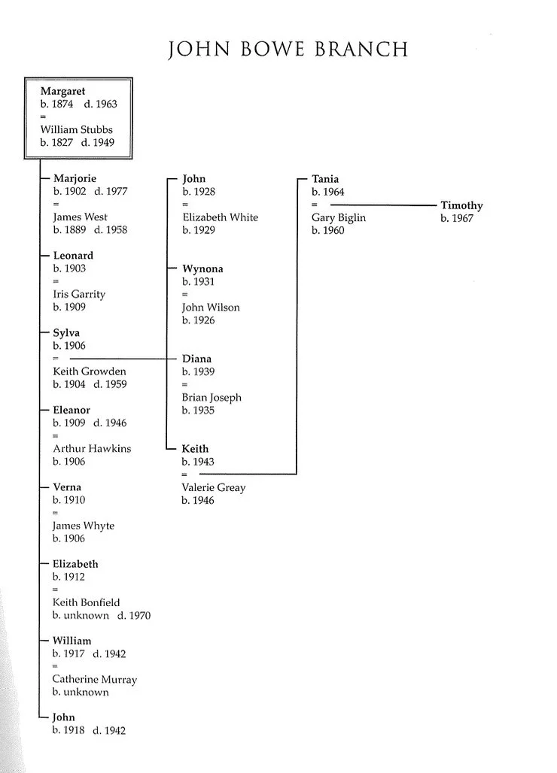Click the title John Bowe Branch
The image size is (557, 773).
(x=288, y=50)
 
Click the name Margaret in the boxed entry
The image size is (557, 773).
(x=62, y=91)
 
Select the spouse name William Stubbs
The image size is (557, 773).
(x=76, y=129)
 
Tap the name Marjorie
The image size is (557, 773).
(x=75, y=179)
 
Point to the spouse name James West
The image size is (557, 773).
(x=80, y=217)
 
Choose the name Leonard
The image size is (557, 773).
(x=73, y=256)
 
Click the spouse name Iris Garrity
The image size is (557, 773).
(x=79, y=294)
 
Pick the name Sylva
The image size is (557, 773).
(x=66, y=332)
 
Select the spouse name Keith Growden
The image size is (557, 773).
(x=90, y=371)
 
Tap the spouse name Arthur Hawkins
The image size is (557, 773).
(x=92, y=448)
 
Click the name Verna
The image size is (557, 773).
(x=67, y=487)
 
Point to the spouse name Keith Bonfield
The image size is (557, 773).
(x=86, y=602)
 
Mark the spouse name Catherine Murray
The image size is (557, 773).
(x=95, y=679)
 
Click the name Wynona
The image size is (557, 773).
(x=202, y=268)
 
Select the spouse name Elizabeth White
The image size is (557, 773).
(x=220, y=217)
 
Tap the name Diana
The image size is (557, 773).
(x=196, y=359)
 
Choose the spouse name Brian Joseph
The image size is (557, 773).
(x=212, y=397)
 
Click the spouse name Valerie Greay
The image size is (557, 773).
(x=214, y=487)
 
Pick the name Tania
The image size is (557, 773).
(x=325, y=179)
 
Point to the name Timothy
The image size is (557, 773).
(x=461, y=205)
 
